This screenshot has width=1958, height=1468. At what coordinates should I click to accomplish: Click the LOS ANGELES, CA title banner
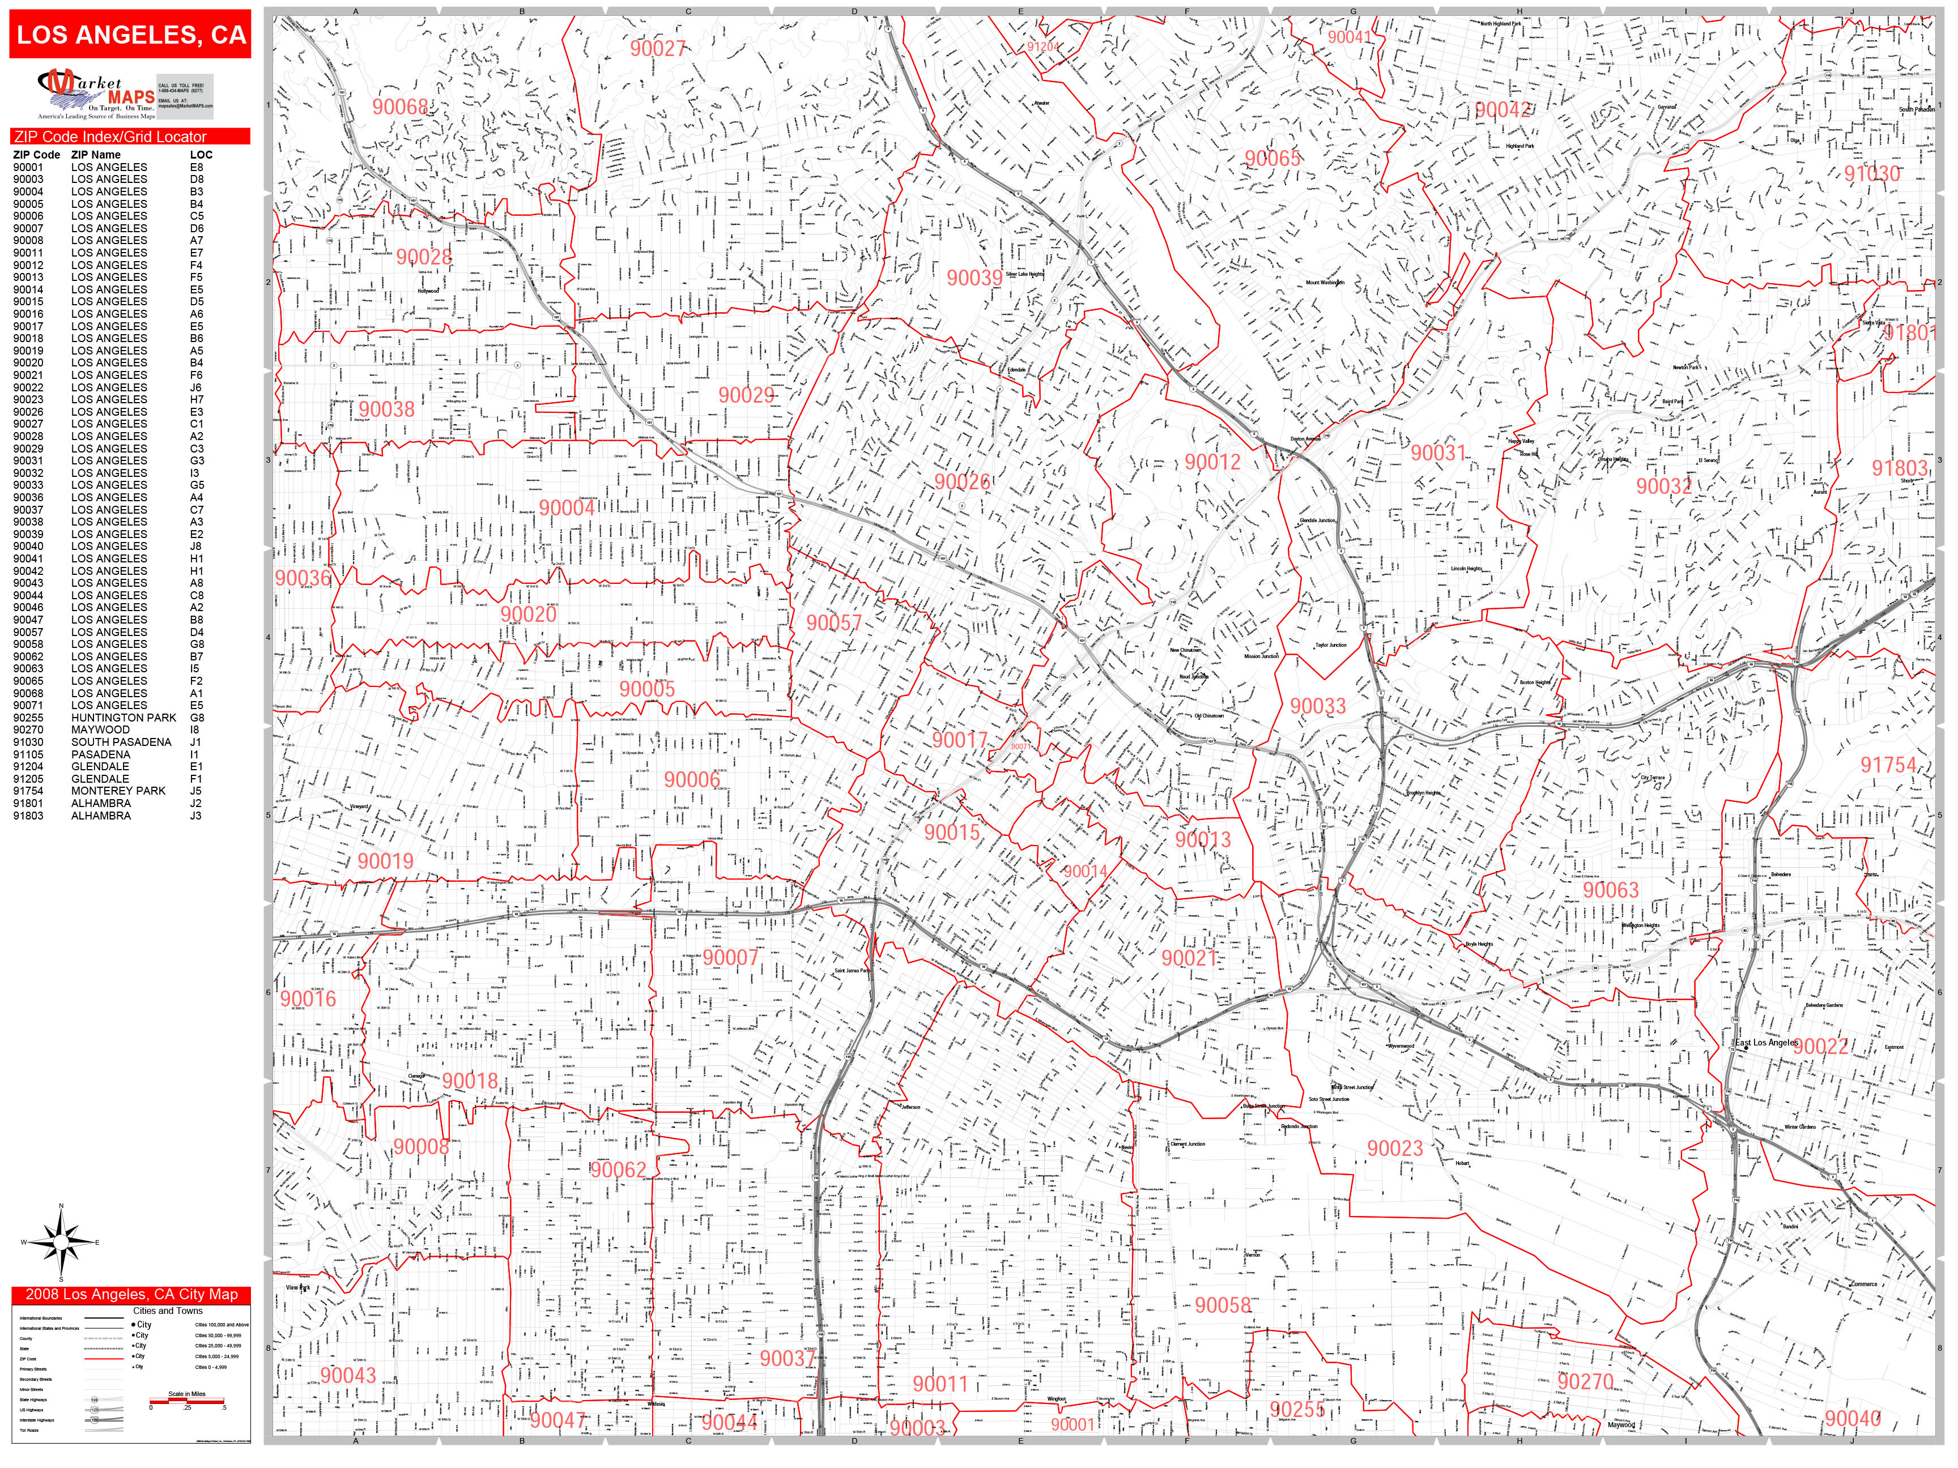[x=130, y=35]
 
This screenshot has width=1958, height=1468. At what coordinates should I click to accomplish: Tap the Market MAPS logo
[x=96, y=95]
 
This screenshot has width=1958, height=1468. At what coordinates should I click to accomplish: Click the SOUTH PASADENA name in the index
[x=121, y=742]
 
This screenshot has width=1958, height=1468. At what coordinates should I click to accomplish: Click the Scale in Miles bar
[x=187, y=1401]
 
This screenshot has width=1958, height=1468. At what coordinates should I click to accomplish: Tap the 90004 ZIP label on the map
[x=567, y=508]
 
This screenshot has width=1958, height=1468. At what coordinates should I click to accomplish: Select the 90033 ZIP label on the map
[x=1317, y=706]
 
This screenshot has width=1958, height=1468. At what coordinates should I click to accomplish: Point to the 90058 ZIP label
[x=1223, y=1305]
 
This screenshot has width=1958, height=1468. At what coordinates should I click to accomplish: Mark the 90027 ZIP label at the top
[x=658, y=49]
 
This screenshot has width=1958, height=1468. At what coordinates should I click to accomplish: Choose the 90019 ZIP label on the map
[x=385, y=861]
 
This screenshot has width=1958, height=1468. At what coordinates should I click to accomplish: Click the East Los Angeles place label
[x=1765, y=1042]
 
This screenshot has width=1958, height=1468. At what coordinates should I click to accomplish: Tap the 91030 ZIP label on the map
[x=1872, y=173]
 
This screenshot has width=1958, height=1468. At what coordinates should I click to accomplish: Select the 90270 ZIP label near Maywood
[x=1585, y=1381]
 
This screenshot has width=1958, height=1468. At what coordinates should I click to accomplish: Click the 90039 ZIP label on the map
[x=974, y=278]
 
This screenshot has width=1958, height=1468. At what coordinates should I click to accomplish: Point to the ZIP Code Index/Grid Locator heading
[x=110, y=137]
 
